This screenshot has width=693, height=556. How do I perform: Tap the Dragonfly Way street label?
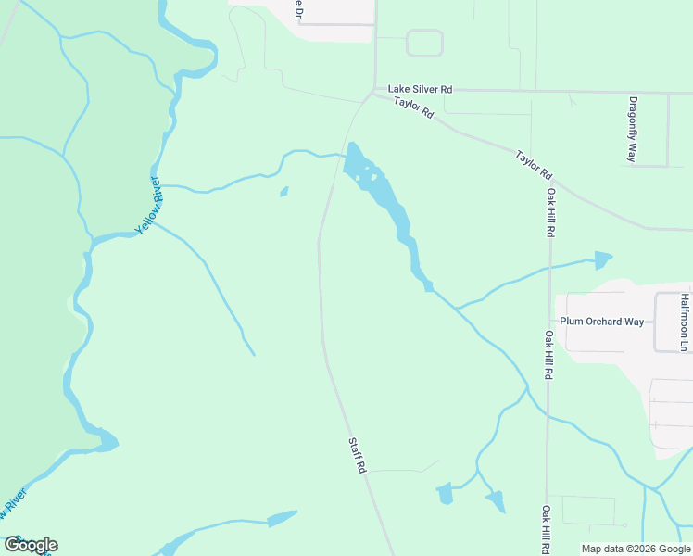pyautogui.click(x=633, y=129)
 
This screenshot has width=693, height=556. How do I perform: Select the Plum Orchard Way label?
pyautogui.click(x=601, y=322)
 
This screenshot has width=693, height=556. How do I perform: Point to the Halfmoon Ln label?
pyautogui.click(x=684, y=322)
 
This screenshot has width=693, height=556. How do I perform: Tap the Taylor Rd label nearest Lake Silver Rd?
pyautogui.click(x=413, y=107)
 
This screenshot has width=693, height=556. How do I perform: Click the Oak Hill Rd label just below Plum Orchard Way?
pyautogui.click(x=549, y=356)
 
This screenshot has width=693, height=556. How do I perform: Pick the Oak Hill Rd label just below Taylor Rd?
pyautogui.click(x=550, y=213)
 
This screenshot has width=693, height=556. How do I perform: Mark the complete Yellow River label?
pyautogui.click(x=148, y=204)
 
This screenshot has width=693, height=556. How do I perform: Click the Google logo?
pyautogui.click(x=31, y=545)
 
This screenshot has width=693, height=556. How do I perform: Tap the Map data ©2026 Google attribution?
pyautogui.click(x=636, y=549)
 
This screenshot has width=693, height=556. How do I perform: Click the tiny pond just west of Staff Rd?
pyautogui.click(x=283, y=193)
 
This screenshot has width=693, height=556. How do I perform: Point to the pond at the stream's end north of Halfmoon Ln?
pyautogui.click(x=603, y=259)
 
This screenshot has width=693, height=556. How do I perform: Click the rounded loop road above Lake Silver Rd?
pyautogui.click(x=424, y=43)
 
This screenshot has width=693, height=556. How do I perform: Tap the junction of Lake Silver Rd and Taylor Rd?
pyautogui.click(x=374, y=91)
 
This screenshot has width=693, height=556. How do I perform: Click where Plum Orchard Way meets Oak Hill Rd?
pyautogui.click(x=549, y=322)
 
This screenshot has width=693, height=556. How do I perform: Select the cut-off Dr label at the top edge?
pyautogui.click(x=298, y=8)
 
